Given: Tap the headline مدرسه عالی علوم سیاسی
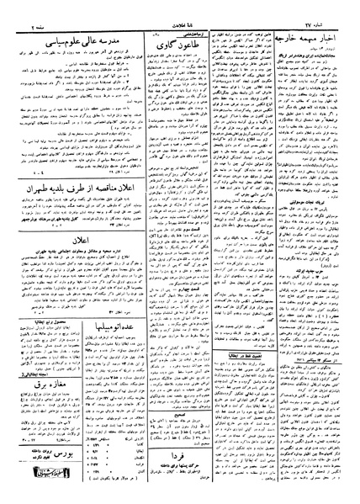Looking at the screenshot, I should coord(63,38).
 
